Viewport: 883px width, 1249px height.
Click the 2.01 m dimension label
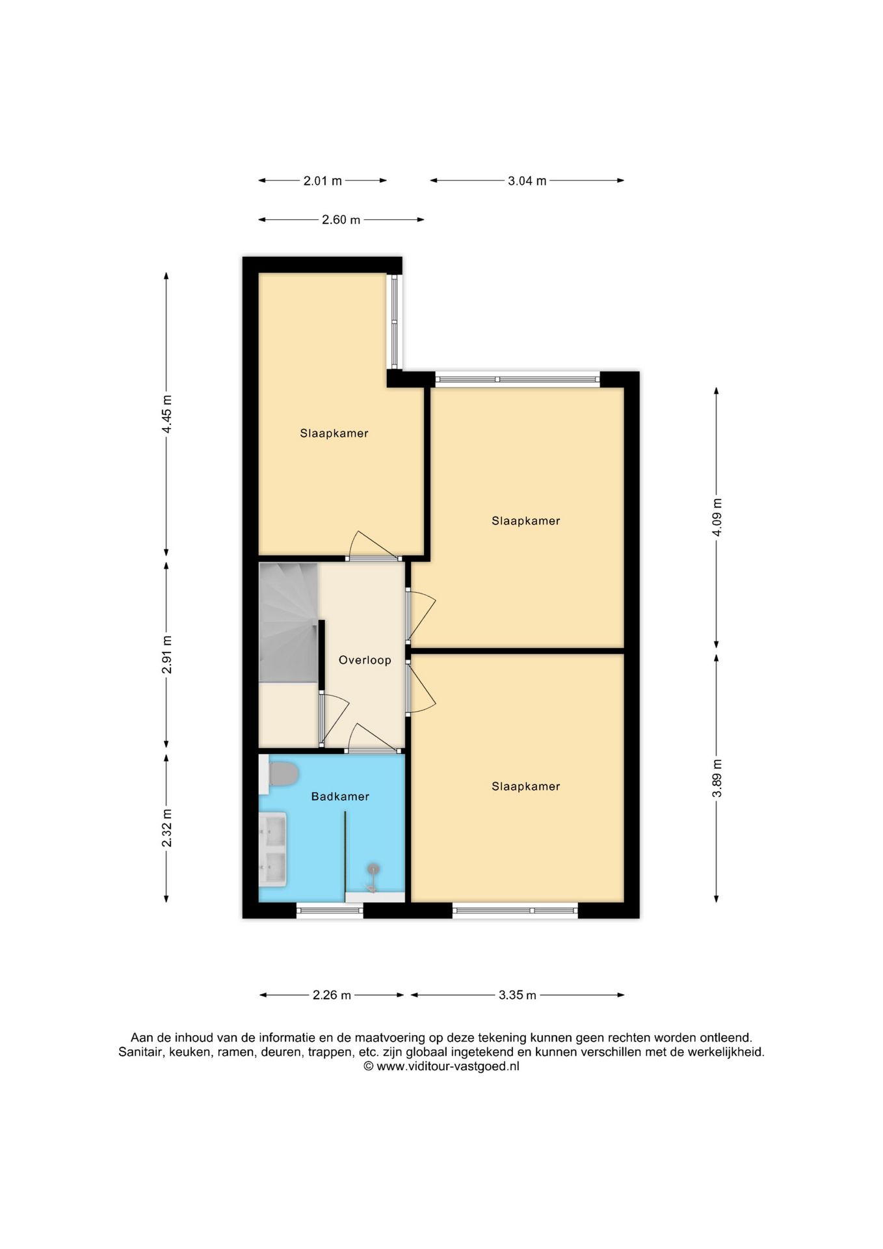tap(323, 181)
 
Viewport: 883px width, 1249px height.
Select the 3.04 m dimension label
tap(527, 181)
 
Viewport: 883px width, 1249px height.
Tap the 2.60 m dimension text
tap(341, 220)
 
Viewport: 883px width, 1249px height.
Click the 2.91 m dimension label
tap(167, 655)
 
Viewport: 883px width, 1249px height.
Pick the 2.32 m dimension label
tap(167, 828)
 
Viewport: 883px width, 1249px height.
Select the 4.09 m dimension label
tap(717, 517)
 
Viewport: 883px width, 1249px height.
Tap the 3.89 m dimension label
tap(717, 778)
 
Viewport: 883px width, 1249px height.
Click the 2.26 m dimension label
tap(332, 995)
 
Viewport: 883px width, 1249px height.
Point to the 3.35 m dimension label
tap(518, 995)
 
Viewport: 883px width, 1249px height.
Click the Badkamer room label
tap(340, 796)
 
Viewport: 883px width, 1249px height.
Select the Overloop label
tap(365, 660)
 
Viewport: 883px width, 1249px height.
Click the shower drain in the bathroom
tap(373, 868)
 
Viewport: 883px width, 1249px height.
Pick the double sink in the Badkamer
tap(273, 849)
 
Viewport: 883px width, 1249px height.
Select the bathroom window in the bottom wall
tap(330, 911)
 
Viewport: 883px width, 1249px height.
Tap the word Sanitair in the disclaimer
tap(141, 1052)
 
